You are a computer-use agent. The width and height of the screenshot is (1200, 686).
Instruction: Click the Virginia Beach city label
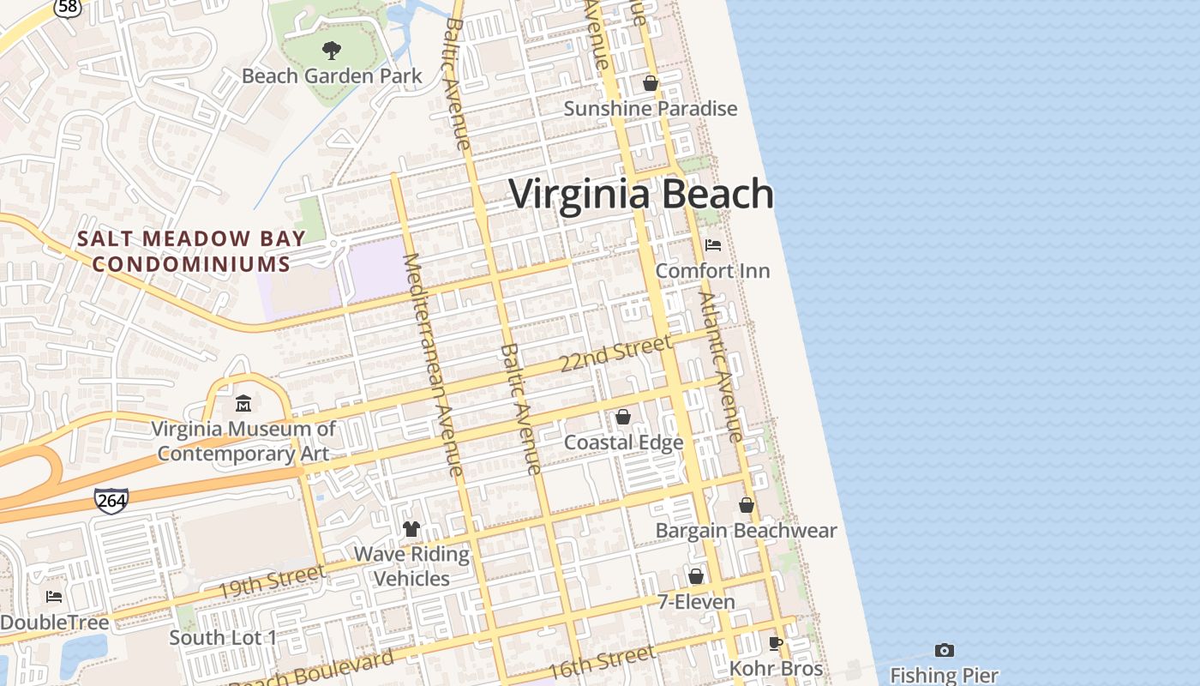pyautogui.click(x=641, y=194)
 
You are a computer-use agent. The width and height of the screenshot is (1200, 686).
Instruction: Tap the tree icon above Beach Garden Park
pyautogui.click(x=331, y=51)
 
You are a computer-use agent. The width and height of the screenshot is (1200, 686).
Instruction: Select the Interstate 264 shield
pyautogui.click(x=111, y=500)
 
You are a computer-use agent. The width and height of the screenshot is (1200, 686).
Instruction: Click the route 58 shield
pyautogui.click(x=66, y=7)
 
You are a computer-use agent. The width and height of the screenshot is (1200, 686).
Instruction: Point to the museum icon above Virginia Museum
pyautogui.click(x=244, y=403)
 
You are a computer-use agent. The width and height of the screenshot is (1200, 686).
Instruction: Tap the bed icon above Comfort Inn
pyautogui.click(x=712, y=245)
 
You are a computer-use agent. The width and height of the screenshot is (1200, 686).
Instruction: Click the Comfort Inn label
pyautogui.click(x=712, y=271)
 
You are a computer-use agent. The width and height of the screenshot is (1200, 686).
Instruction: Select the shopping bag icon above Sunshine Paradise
pyautogui.click(x=651, y=83)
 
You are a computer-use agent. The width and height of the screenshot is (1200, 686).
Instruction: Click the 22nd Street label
pyautogui.click(x=615, y=353)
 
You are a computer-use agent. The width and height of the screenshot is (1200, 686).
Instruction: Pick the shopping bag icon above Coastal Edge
pyautogui.click(x=623, y=417)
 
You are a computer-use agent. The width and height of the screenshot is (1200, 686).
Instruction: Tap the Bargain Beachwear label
pyautogui.click(x=746, y=531)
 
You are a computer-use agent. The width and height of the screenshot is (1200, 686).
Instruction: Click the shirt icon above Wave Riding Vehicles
pyautogui.click(x=411, y=529)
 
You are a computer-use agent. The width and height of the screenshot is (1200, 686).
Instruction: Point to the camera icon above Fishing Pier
pyautogui.click(x=945, y=650)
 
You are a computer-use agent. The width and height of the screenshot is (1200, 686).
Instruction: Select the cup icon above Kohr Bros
pyautogui.click(x=776, y=643)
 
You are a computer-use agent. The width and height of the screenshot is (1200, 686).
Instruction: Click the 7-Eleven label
pyautogui.click(x=696, y=602)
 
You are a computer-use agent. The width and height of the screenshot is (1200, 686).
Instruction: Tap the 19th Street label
pyautogui.click(x=271, y=582)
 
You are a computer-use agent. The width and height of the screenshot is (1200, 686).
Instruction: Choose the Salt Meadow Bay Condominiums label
pyautogui.click(x=190, y=250)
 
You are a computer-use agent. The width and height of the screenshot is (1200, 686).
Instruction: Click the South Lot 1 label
pyautogui.click(x=223, y=638)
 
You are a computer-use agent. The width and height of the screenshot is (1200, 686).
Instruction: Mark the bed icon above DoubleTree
pyautogui.click(x=54, y=597)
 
